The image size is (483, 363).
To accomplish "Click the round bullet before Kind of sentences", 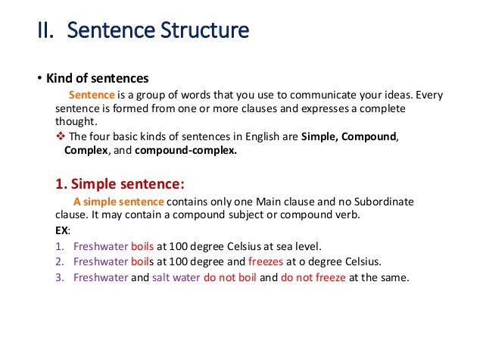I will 40,79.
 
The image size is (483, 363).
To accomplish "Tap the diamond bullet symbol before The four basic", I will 61,136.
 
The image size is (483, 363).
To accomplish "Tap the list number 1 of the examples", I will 59,246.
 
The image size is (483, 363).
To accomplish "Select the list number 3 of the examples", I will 59,277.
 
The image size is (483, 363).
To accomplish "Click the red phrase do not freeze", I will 313,277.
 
